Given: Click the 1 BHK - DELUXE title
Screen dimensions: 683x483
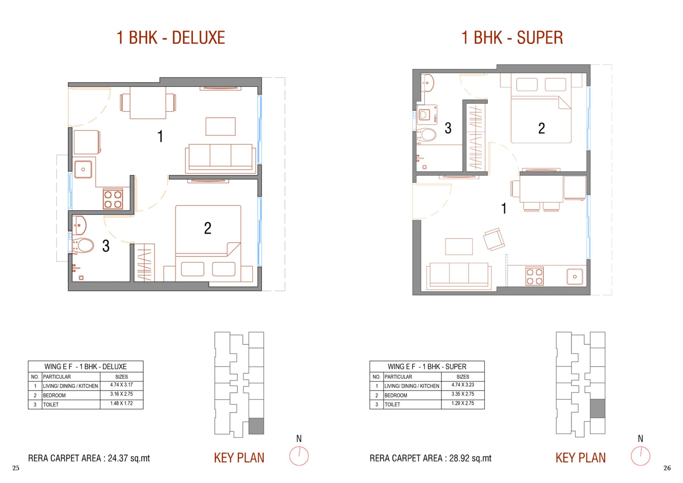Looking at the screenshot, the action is pos(171,38).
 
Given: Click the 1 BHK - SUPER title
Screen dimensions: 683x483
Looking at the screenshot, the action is pos(512,38).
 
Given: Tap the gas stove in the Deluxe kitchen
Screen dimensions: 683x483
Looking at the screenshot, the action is pos(113,199).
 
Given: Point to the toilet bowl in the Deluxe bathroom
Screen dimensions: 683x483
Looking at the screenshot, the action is pos(83,246).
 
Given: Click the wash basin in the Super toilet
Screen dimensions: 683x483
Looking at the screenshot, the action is pos(427,83).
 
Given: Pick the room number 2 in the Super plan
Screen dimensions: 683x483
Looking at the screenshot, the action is pos(541,128).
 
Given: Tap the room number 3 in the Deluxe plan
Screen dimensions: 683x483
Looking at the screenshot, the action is pos(106,246).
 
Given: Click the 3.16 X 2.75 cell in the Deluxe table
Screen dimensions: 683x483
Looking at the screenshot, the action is pos(121,394).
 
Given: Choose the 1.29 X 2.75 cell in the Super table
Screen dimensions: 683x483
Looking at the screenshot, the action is pos(463,403).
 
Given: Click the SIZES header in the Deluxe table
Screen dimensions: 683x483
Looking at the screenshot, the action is pos(121,377).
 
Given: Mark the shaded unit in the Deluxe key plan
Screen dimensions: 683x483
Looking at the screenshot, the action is pos(256,426).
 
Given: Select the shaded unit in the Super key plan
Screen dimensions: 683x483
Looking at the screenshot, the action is pos(597,408).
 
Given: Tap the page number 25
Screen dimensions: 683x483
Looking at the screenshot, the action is pos(16,468).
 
